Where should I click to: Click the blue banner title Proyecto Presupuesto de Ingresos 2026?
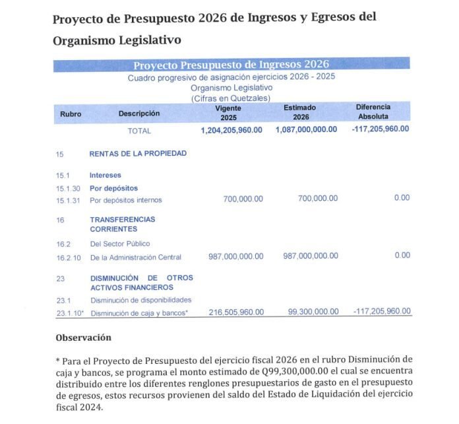point(231,65)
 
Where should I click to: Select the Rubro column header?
point(71,114)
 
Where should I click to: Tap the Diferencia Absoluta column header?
point(373,112)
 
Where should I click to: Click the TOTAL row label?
point(139,131)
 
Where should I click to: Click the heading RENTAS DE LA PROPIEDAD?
point(138,154)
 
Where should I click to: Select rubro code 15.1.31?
point(68,200)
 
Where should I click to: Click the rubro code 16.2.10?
point(68,257)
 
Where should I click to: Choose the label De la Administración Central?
point(135,257)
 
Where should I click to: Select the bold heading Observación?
point(83,337)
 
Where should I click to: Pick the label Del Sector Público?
point(120,244)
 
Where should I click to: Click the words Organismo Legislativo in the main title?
point(117,40)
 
